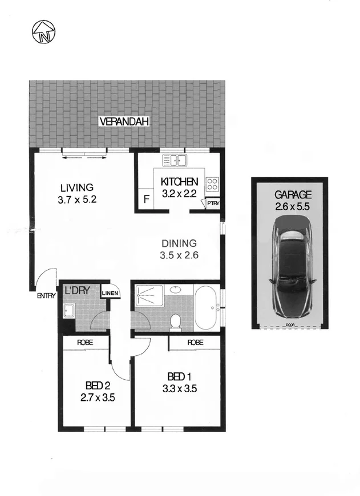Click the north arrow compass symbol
[x=44, y=32]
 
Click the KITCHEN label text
[x=180, y=182]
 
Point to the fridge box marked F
[x=147, y=200]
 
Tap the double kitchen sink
[x=175, y=160]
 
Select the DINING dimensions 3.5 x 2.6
[x=179, y=255]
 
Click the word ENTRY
[x=46, y=295]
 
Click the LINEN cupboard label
[x=110, y=294]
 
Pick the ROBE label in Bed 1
[x=195, y=343]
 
